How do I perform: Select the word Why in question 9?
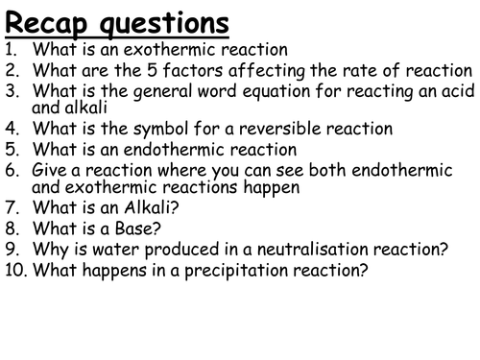click(47, 251)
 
